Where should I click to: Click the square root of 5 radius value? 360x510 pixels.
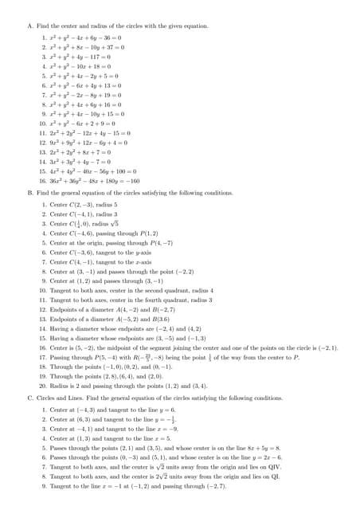point(111,224)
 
